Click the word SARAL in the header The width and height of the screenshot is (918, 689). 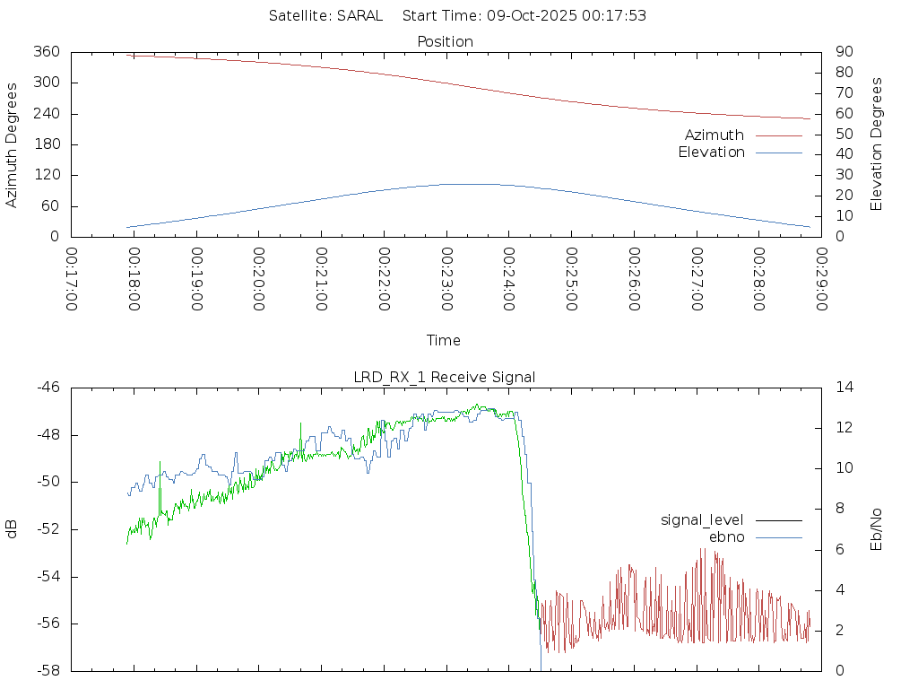pos(360,15)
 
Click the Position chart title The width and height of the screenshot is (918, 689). pos(445,41)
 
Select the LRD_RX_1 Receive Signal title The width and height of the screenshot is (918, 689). pos(445,377)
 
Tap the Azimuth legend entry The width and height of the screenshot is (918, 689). pos(714,135)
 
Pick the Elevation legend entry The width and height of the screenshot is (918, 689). pos(711,153)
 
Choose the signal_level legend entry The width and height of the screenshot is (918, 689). pos(702,520)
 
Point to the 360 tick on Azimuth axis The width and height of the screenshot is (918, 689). pos(46,52)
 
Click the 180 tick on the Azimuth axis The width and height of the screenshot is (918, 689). pos(46,144)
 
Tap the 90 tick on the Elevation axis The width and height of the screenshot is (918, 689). pos(844,52)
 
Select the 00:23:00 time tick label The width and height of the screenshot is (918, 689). pos(446,279)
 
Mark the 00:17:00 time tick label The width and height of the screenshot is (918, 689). pos(72,279)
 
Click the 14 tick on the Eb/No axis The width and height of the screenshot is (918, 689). pos(844,388)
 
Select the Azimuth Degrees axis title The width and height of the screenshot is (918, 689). pos(12,144)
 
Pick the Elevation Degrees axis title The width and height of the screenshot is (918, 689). pos(877,144)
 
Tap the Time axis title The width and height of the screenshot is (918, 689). pos(444,340)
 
